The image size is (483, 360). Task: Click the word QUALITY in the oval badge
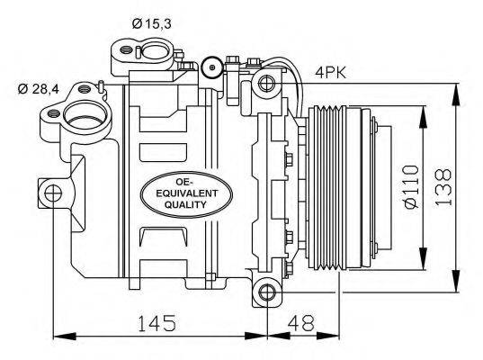[186, 205]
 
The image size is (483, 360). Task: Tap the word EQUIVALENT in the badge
[186, 192]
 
